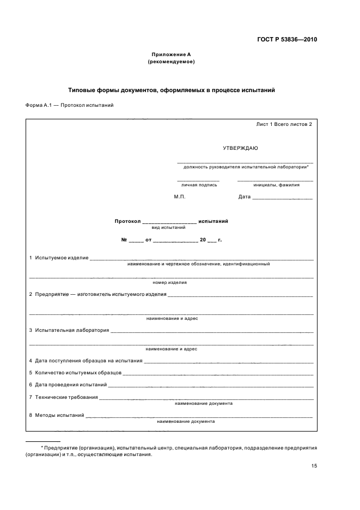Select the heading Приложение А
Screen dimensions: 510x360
point(171,54)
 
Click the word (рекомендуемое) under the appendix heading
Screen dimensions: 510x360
point(171,62)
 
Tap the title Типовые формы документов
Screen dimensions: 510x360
point(171,90)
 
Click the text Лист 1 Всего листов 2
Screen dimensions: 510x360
point(284,124)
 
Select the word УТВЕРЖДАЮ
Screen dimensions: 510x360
point(240,148)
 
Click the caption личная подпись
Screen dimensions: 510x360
point(199,185)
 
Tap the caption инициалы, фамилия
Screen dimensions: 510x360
point(276,185)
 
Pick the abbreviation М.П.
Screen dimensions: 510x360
point(180,197)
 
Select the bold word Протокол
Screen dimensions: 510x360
point(127,221)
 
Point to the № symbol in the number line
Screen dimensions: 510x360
point(124,240)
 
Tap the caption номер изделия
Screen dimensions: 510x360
point(170,283)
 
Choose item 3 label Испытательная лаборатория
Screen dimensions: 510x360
point(72,330)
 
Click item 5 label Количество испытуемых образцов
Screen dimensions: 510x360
point(78,373)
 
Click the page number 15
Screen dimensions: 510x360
point(314,466)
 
